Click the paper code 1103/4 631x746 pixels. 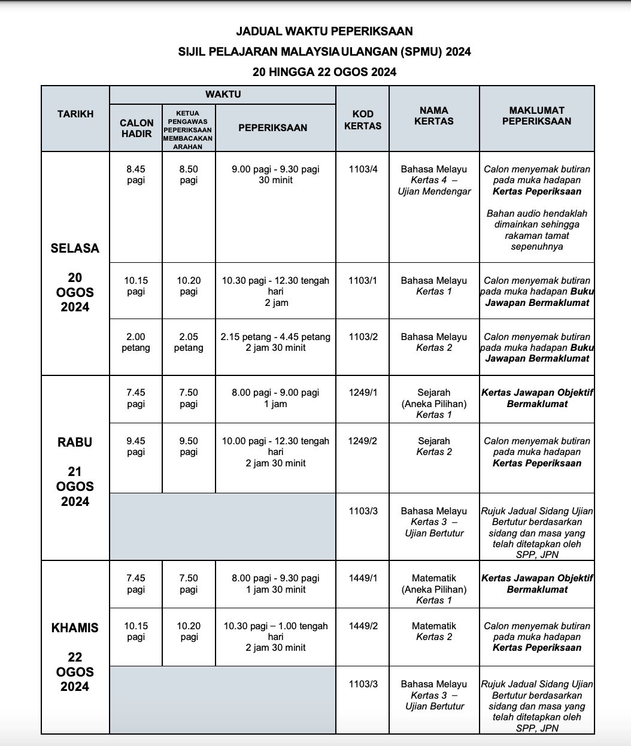[363, 169]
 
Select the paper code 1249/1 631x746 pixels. [363, 393]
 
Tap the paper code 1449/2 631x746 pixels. [363, 626]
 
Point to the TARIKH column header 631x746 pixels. [75, 114]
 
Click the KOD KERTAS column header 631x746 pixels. [363, 120]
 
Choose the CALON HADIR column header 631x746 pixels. [136, 128]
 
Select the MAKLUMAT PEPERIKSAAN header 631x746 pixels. [536, 116]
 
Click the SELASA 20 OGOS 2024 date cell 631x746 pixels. [75, 277]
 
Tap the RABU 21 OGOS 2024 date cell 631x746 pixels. [75, 471]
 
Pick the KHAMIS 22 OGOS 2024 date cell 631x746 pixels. [75, 657]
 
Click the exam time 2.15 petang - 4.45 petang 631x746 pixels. [275, 342]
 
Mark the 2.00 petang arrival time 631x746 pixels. [136, 342]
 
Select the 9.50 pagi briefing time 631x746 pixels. [189, 446]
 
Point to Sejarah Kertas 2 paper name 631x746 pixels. [434, 446]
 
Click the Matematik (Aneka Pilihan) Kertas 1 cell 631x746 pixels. [434, 589]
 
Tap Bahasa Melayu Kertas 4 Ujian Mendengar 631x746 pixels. [434, 180]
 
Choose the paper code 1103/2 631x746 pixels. [363, 337]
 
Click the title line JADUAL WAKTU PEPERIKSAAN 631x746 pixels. [324, 31]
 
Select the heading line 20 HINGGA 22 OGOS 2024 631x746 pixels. [324, 72]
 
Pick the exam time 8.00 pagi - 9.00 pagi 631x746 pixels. [275, 398]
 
